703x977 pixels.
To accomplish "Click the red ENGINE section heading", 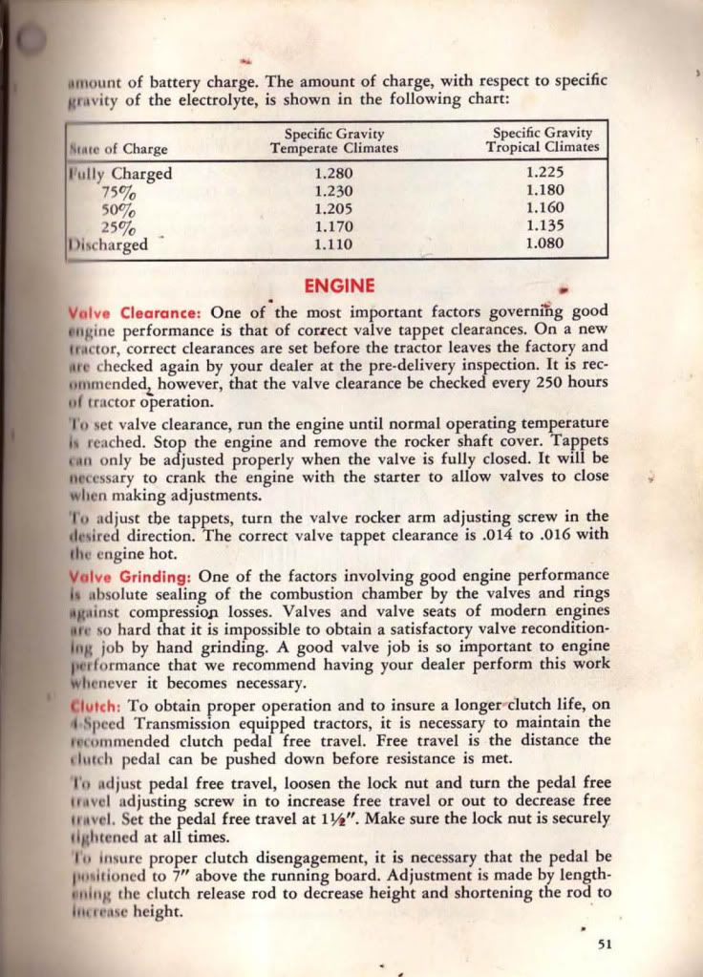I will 339,285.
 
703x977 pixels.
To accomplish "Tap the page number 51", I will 604,944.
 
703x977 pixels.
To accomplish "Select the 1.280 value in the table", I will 333,174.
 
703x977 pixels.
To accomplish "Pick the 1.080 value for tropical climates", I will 545,244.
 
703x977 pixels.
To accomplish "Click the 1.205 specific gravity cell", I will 333,209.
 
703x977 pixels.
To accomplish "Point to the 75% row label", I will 119,192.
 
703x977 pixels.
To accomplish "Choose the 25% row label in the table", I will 119,227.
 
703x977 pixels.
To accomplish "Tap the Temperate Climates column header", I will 333,149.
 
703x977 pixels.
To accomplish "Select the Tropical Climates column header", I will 543,147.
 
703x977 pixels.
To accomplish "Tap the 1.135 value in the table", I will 545,226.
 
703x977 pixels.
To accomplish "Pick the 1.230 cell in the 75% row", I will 333,191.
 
